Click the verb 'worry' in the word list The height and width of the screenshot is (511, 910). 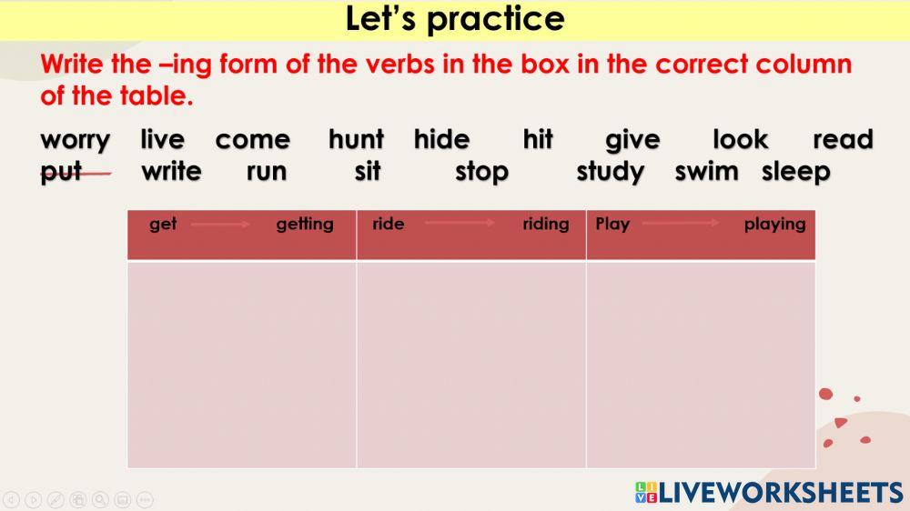pos(76,141)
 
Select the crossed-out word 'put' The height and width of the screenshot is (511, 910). pos(62,172)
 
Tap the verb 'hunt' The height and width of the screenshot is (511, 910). pos(356,140)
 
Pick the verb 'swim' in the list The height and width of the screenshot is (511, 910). pos(706,172)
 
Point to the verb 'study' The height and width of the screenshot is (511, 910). pos(611,172)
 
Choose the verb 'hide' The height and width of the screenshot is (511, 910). pos(441,140)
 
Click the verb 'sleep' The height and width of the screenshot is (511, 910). pos(796,172)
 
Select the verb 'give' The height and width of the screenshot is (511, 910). pos(632,140)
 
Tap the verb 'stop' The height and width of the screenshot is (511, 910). pos(481,172)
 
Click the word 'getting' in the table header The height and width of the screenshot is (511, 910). pos(305,224)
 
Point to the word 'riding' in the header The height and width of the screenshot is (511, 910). pos(546,224)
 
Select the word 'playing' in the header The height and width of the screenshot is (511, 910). pos(774,224)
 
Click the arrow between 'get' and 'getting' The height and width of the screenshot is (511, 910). pos(220,224)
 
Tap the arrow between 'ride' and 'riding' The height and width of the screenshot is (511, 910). pos(460,223)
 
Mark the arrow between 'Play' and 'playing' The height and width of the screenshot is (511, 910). pos(680,223)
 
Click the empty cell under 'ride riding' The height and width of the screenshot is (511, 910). pos(470,364)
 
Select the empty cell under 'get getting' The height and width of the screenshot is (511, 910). pos(241,364)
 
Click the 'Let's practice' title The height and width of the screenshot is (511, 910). pos(455,19)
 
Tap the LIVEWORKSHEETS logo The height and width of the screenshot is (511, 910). pos(769,493)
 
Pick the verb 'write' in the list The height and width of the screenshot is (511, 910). pos(171,172)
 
